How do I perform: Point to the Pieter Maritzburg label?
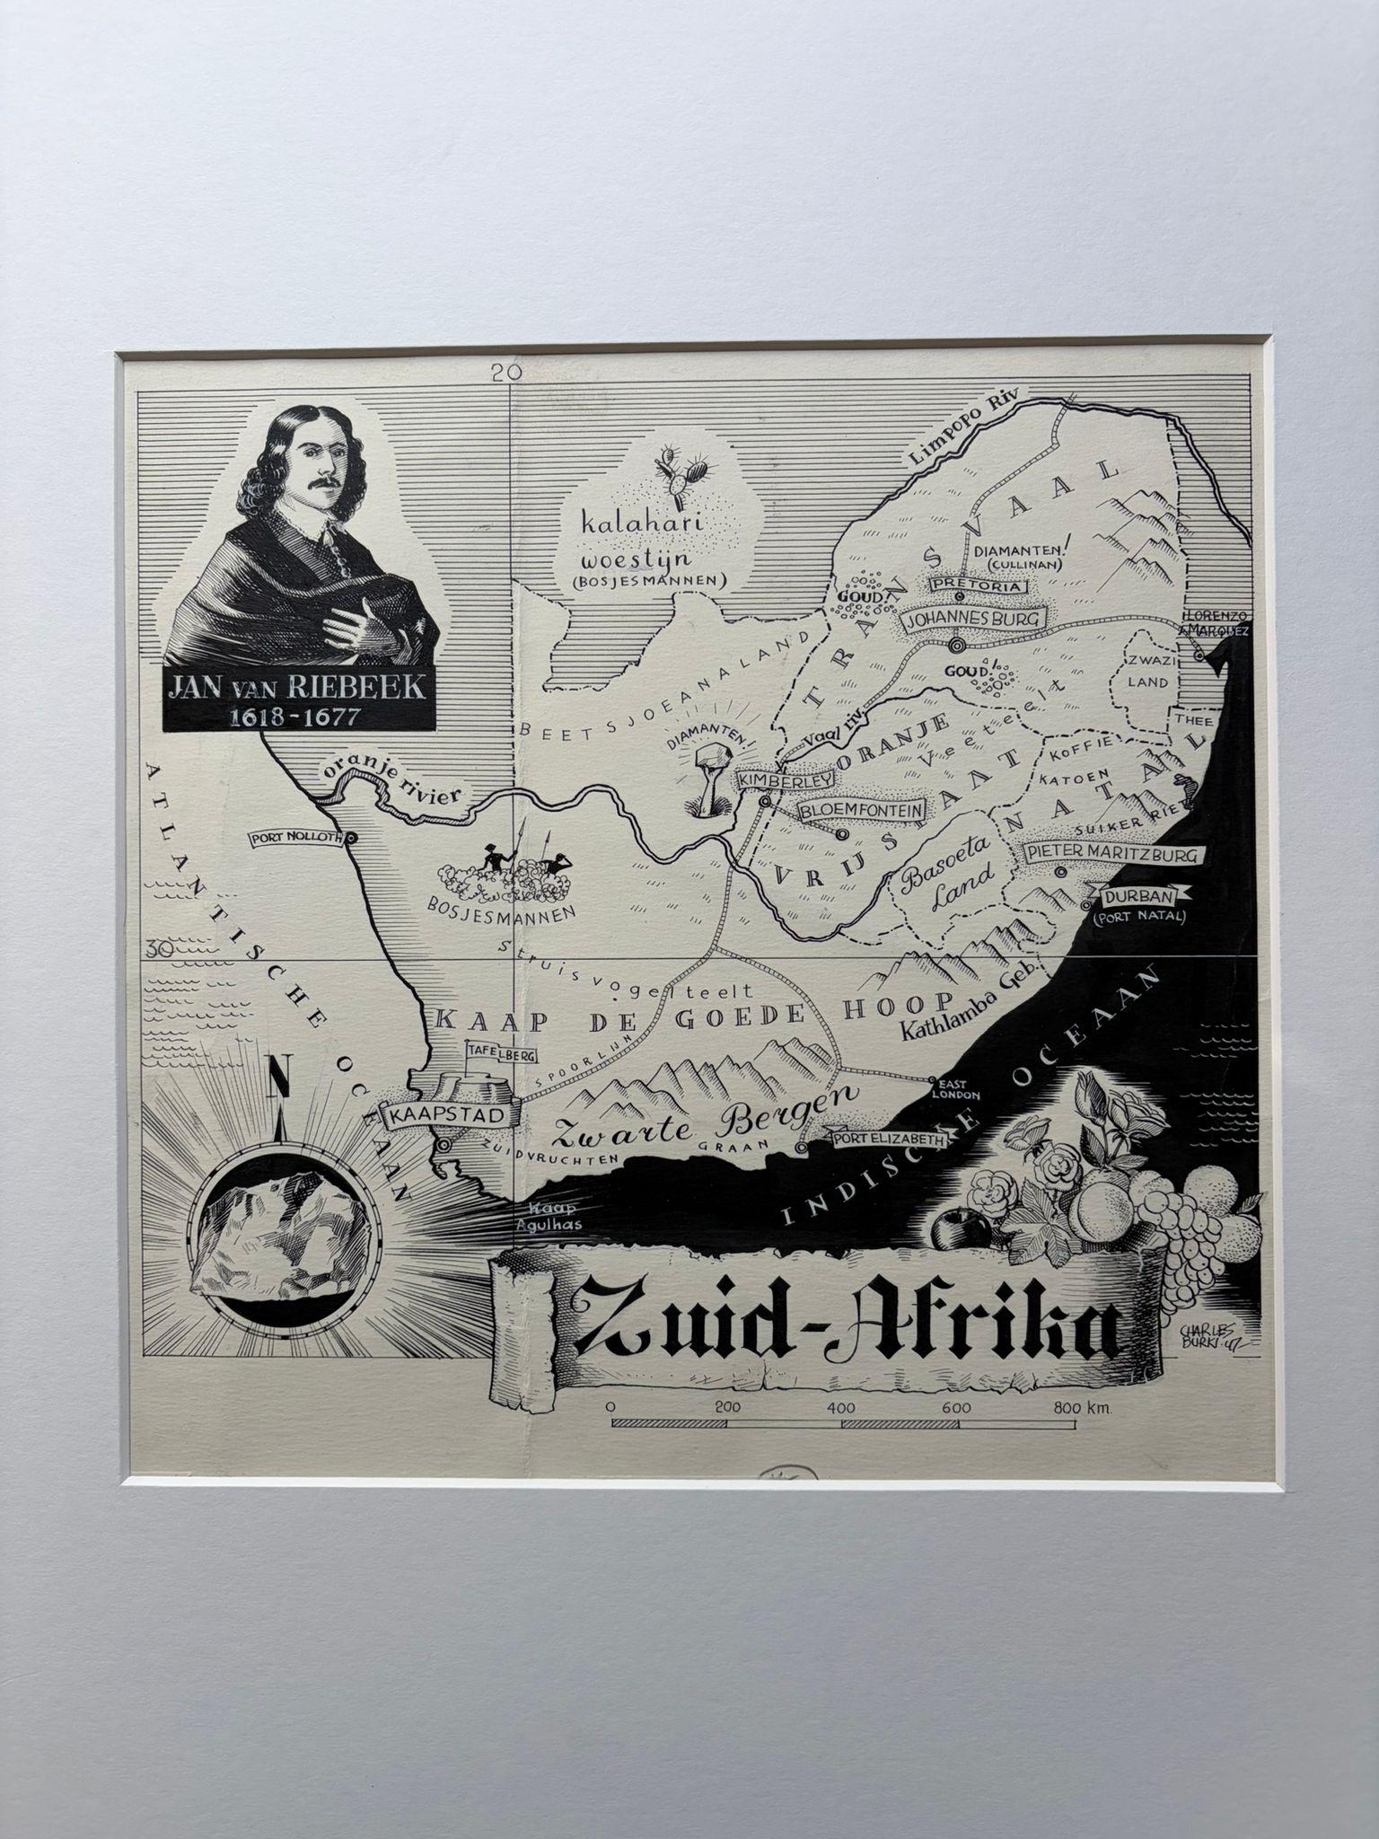point(1113,854)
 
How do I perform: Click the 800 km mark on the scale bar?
point(1080,1408)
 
